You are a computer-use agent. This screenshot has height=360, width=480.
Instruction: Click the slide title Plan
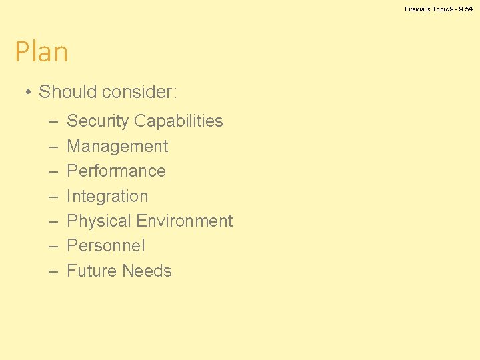41,52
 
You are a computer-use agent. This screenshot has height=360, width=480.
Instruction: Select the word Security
97,121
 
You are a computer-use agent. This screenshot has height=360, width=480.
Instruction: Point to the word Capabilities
178,121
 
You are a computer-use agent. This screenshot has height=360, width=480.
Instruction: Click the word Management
117,147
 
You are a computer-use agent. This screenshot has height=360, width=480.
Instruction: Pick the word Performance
116,171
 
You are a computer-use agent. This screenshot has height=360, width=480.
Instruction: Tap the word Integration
107,197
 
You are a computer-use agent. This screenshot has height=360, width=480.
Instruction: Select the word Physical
99,221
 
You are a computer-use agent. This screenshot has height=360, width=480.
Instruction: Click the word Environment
184,221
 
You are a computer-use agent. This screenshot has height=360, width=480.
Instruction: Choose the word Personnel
106,246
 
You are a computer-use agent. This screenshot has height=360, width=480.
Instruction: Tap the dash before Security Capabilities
53,122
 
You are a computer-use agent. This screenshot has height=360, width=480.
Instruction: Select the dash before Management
53,147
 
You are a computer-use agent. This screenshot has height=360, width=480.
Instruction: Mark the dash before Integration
53,197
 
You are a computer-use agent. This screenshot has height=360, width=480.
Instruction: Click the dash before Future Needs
53,272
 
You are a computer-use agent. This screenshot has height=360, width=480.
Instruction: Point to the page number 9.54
465,9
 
